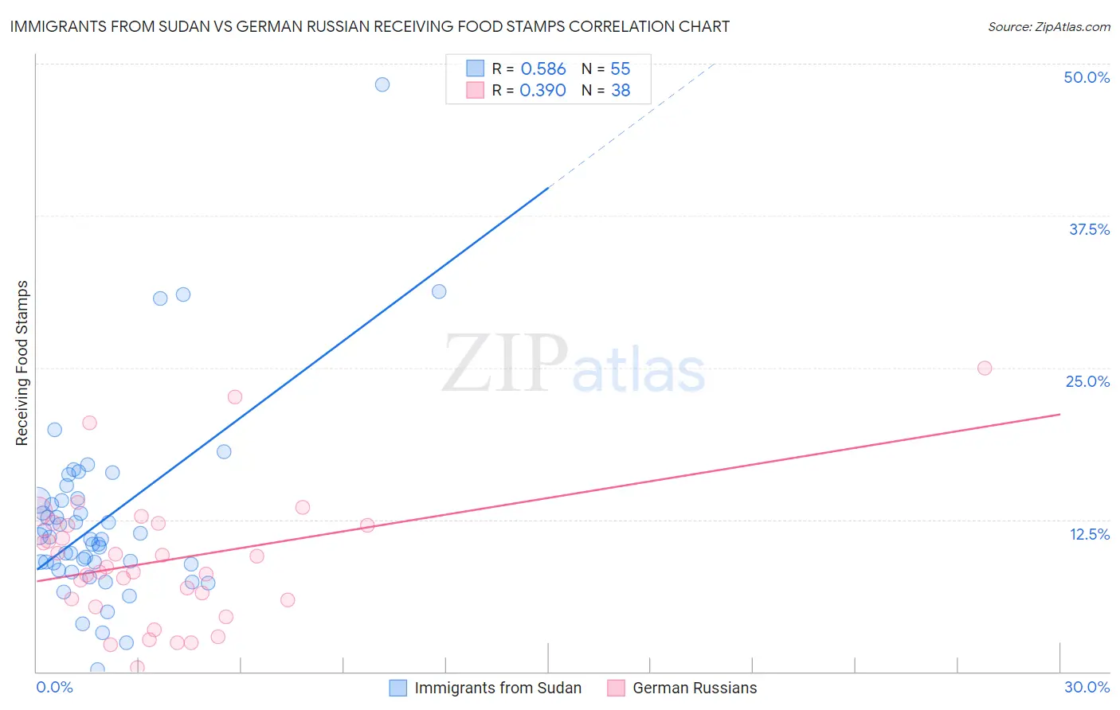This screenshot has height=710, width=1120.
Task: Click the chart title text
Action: tap(370, 26)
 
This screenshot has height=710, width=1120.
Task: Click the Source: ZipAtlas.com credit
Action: tap(1048, 26)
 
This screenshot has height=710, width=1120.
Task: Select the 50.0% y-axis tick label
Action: tap(1087, 77)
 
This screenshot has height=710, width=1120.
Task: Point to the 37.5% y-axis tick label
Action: tap(1089, 229)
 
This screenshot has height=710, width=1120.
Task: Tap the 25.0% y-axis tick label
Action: tap(1087, 381)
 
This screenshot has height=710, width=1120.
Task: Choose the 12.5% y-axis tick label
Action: tap(1089, 534)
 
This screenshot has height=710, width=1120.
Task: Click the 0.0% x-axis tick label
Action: tap(54, 687)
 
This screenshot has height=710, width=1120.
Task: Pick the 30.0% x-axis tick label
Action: tap(1087, 687)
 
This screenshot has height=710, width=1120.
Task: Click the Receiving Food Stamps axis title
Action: tap(22, 363)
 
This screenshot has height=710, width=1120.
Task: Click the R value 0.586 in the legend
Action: tap(542, 69)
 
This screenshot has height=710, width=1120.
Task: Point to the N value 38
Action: tap(621, 91)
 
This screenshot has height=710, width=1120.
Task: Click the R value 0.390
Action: tap(542, 91)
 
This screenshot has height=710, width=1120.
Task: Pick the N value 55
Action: tap(621, 69)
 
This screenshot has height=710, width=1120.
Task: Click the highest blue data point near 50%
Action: tap(382, 84)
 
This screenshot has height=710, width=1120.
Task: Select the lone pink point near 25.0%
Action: tap(985, 368)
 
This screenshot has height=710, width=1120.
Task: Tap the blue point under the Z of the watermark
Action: tap(439, 291)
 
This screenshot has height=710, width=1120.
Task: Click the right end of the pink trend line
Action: tap(1059, 414)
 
